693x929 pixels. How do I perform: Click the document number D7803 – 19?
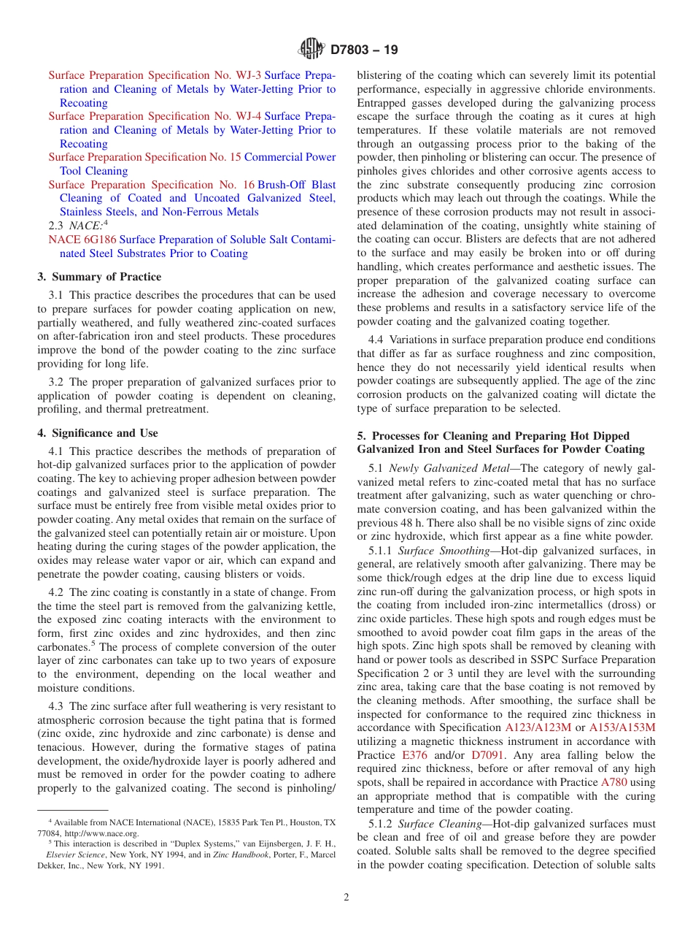[364, 50]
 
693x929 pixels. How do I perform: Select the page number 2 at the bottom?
[346, 897]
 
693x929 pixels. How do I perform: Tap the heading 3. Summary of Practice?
[99, 277]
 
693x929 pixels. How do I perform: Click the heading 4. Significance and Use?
[98, 433]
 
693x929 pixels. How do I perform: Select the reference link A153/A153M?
[622, 727]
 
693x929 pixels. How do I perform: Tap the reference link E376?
[414, 755]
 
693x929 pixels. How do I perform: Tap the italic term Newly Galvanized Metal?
[452, 468]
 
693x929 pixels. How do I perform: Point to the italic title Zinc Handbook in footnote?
[231, 855]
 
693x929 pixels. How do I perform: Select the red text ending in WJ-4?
[155, 116]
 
